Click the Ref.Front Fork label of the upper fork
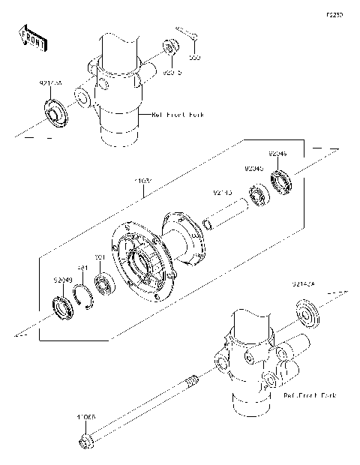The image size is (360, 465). pos(178,115)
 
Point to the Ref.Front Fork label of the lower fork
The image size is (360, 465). pos(310,394)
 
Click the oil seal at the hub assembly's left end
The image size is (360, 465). pos(58,307)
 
